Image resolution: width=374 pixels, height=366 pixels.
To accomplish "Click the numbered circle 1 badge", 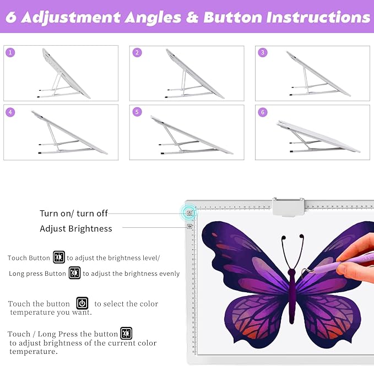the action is (x=10, y=52).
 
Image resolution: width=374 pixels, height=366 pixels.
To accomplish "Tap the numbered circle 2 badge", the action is (x=137, y=52).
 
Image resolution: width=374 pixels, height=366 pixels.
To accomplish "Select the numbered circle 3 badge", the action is (x=263, y=52).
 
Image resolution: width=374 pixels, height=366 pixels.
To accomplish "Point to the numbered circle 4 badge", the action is (x=10, y=112).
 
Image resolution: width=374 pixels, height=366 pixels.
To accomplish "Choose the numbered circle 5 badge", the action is (x=137, y=112).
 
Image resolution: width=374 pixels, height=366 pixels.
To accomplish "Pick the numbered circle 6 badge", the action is (x=263, y=112).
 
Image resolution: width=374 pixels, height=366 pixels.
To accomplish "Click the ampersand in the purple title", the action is (x=192, y=18).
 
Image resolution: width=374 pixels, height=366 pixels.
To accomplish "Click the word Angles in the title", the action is (x=153, y=18).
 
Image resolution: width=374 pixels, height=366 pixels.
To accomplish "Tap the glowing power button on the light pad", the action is (x=189, y=213).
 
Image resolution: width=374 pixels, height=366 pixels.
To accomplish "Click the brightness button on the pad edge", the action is (x=189, y=226).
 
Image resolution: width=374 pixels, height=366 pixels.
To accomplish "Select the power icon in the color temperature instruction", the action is (x=82, y=303).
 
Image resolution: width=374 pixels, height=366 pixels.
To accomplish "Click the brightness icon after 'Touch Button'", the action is (x=59, y=257).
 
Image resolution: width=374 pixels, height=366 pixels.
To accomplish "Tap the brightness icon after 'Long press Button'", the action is (x=74, y=273).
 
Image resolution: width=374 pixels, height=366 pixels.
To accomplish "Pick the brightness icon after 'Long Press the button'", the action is (x=126, y=333).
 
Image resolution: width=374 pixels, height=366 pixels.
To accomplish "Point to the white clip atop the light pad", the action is (x=289, y=207).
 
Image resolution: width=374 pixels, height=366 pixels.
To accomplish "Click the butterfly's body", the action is (x=291, y=296).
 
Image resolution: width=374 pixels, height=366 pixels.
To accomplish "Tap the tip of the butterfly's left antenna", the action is (x=284, y=238).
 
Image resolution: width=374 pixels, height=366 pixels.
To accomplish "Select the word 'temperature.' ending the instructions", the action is (x=34, y=352).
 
